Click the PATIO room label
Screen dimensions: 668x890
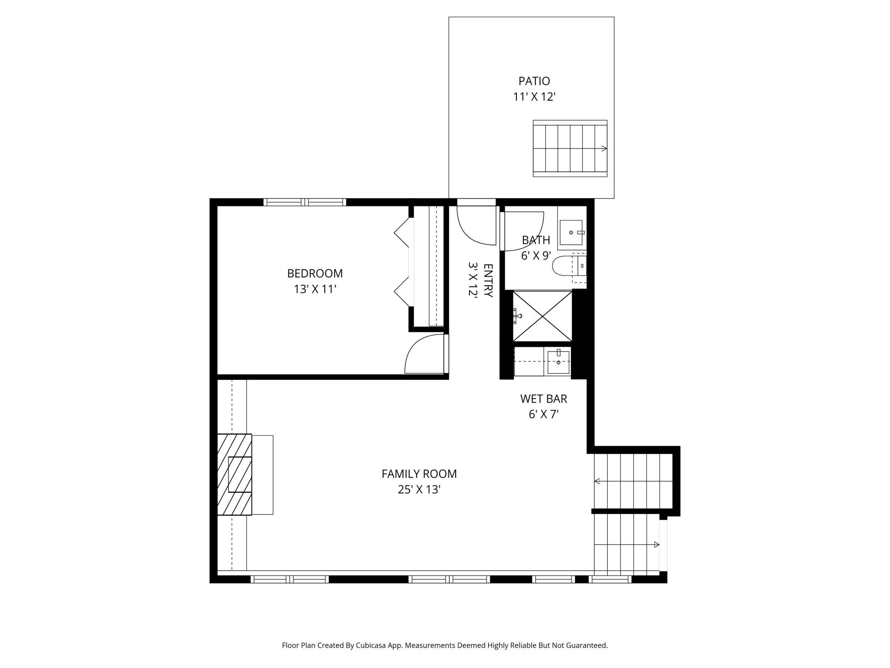click(534, 81)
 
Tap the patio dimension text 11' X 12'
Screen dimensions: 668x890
click(534, 97)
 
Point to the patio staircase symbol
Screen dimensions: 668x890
click(570, 149)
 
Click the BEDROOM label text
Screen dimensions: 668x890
click(314, 273)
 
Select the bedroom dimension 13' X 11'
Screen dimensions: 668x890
click(314, 289)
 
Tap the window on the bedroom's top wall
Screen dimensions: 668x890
click(304, 202)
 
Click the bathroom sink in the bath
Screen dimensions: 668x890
click(571, 233)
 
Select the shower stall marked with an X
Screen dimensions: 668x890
click(542, 316)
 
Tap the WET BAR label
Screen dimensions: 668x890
click(543, 399)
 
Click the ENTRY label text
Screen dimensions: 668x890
click(488, 280)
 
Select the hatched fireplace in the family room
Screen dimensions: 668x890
click(234, 474)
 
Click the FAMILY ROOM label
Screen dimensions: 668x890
click(419, 474)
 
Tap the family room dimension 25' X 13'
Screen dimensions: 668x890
click(419, 489)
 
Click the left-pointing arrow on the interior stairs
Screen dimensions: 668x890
click(597, 481)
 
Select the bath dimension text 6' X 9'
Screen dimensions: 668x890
click(535, 256)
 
